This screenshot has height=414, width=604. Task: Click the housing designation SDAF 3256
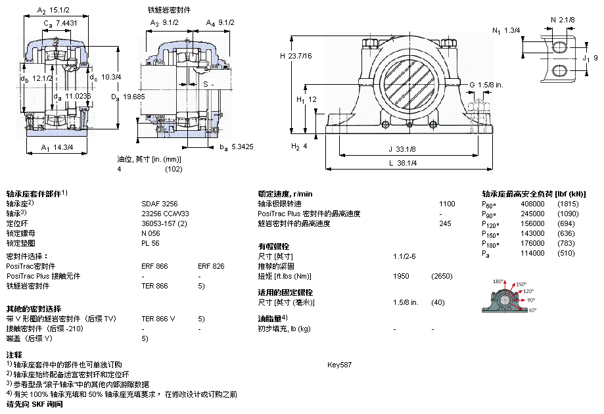160,204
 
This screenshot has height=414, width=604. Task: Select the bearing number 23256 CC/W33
165,214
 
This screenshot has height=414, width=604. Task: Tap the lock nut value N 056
151,233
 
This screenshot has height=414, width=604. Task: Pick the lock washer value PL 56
151,243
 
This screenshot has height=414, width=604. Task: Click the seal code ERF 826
211,266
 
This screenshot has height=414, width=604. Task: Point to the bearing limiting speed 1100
447,204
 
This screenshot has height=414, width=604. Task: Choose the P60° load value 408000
532,204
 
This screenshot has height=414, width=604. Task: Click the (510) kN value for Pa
566,253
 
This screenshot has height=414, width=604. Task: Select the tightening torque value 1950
401,276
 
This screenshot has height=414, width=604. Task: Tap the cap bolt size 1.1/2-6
404,256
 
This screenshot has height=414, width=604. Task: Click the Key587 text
339,365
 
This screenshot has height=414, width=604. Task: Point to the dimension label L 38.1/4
402,163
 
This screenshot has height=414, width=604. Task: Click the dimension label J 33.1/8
402,149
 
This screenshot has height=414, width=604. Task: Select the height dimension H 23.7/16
296,56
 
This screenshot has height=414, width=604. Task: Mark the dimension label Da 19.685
128,97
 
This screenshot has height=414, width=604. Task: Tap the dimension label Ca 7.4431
60,24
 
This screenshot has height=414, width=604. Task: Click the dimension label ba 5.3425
237,147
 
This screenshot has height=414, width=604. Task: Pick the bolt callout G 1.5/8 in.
486,85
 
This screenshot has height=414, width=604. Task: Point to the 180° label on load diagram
498,281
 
